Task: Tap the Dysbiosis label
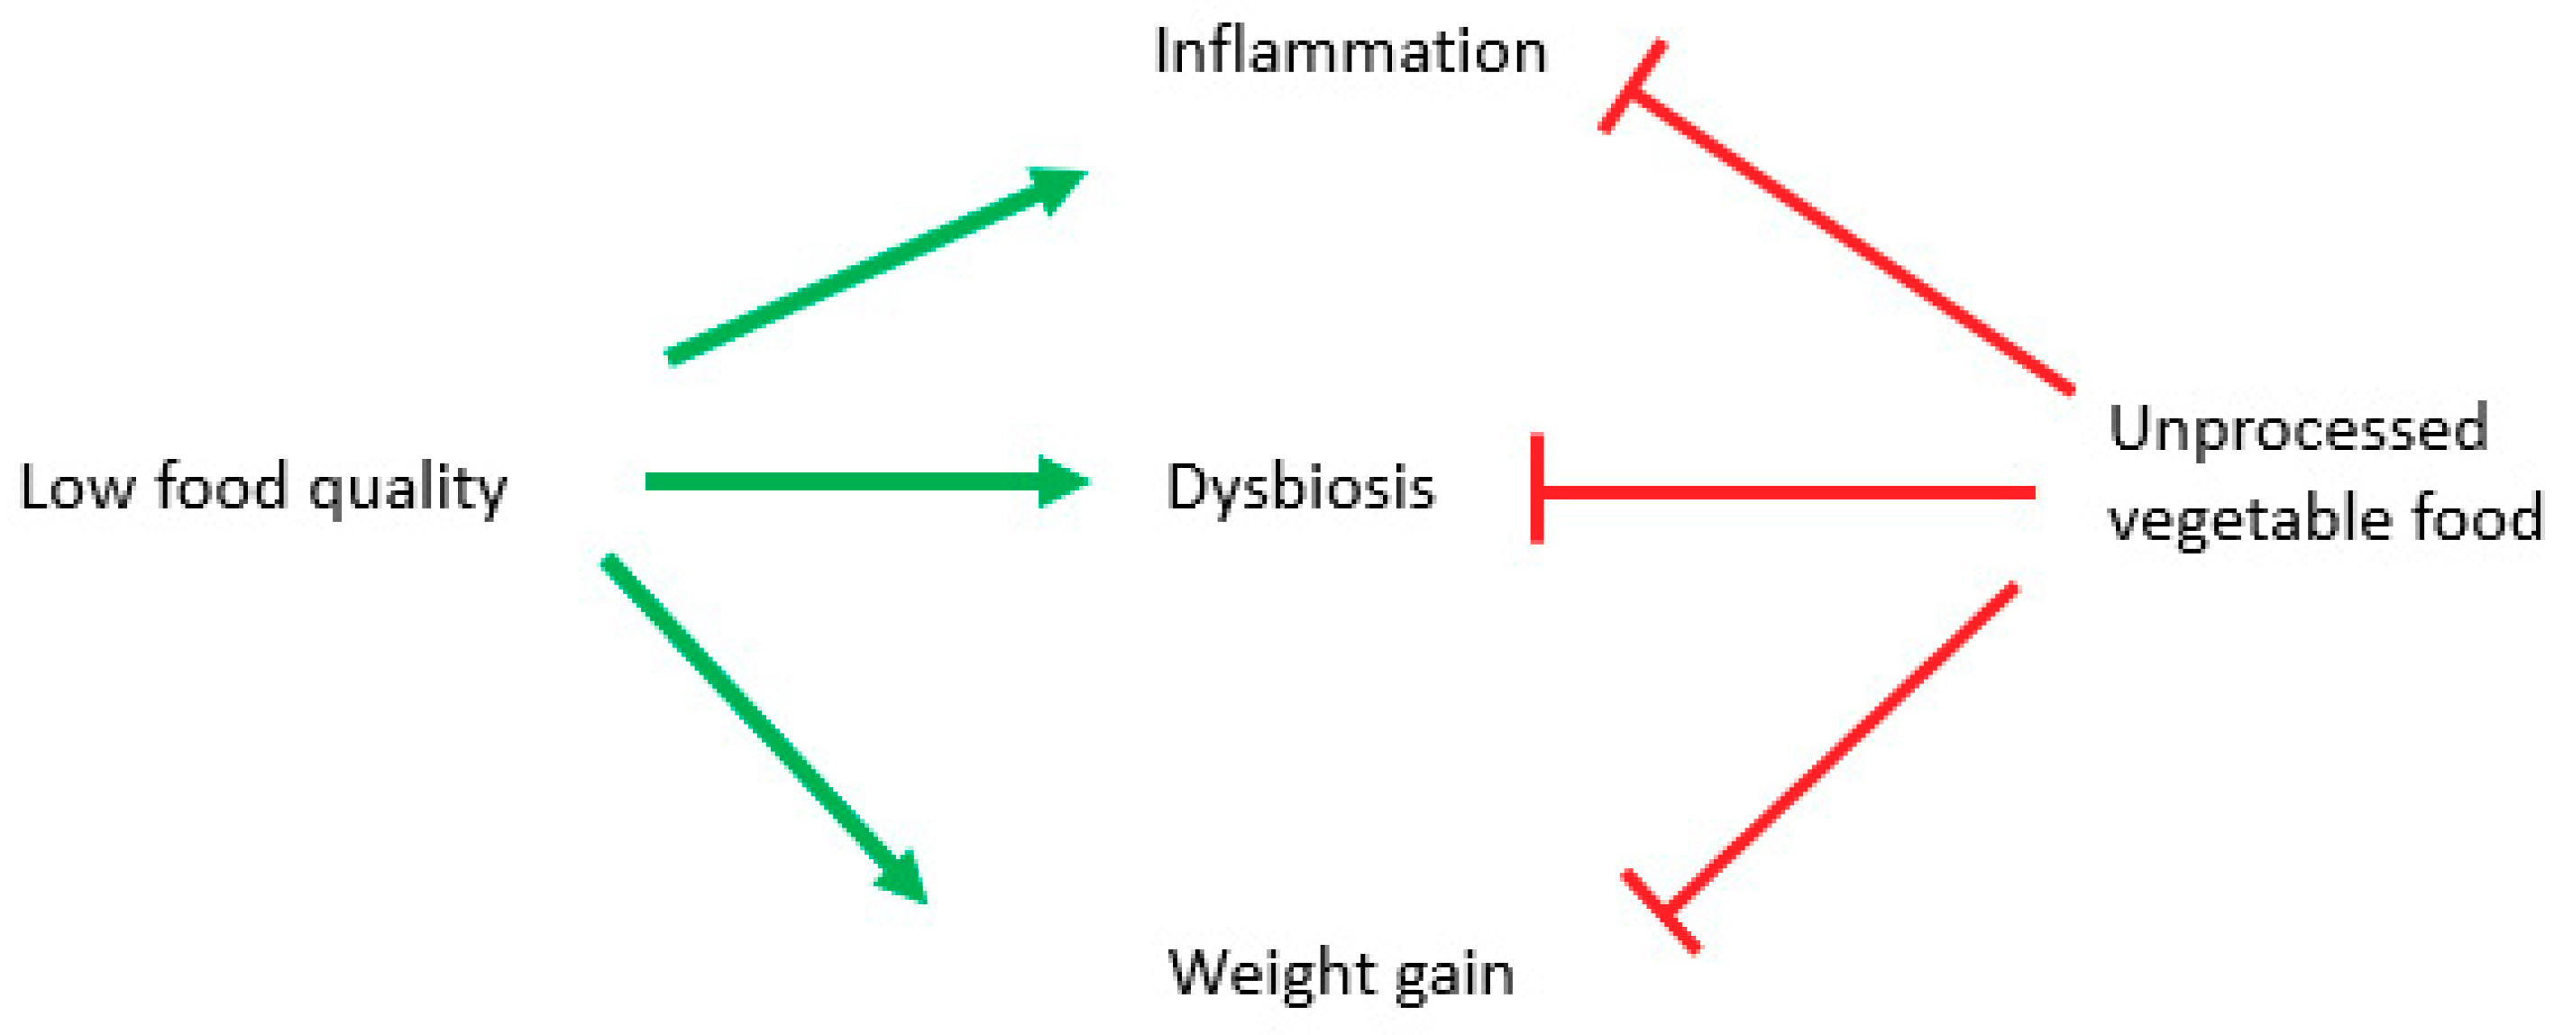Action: [x=1300, y=488]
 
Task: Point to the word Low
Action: [x=76, y=488]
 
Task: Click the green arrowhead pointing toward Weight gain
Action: [x=903, y=878]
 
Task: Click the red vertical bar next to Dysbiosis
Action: [x=1537, y=489]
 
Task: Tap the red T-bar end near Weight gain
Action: [x=1661, y=911]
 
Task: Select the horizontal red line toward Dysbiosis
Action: [x=1791, y=492]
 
